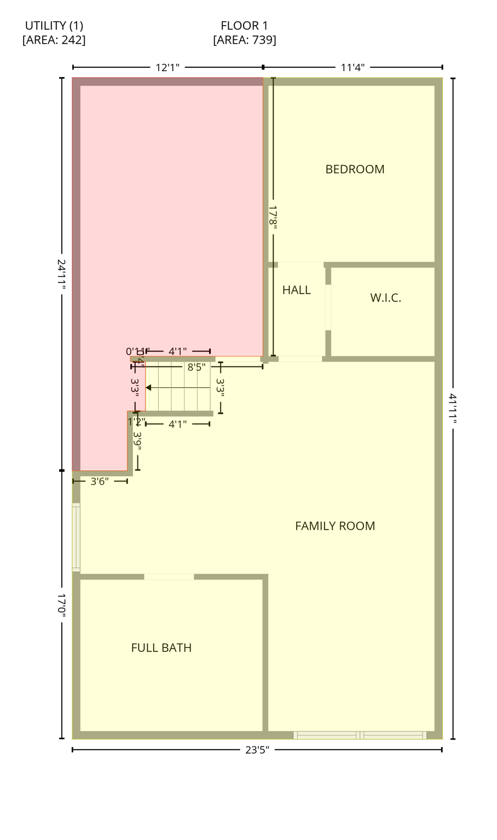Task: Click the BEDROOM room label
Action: [x=355, y=170]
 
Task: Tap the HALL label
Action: [x=296, y=290]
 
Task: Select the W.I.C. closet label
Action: [x=385, y=298]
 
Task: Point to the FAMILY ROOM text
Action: [x=335, y=526]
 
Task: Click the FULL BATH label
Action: [x=161, y=648]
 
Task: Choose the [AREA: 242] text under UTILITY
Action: [x=54, y=40]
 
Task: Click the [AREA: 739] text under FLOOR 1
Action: [x=244, y=40]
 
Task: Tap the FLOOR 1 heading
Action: [x=244, y=26]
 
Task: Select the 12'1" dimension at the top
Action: [x=167, y=68]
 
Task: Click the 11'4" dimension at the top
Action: [x=352, y=68]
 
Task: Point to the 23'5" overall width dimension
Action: [x=257, y=750]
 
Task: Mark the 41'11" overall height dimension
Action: [x=453, y=409]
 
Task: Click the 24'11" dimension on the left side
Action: [x=62, y=275]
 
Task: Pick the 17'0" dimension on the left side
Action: [x=62, y=605]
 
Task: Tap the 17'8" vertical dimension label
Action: [x=273, y=217]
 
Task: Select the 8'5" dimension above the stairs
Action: [x=197, y=367]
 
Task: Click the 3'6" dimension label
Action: [x=99, y=482]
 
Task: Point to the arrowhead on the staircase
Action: [x=148, y=388]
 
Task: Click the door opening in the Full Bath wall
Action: [x=169, y=577]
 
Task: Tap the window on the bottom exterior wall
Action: [x=360, y=736]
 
